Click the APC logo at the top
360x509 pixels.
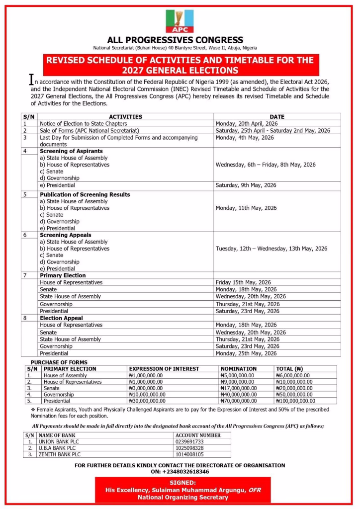tap(180, 21)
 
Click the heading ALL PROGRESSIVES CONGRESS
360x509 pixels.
tap(176, 40)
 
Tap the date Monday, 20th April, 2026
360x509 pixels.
tap(247, 123)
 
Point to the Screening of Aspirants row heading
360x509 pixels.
tap(71, 151)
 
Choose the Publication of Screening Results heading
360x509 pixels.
tap(85, 194)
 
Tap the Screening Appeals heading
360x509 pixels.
tap(65, 235)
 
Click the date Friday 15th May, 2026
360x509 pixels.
tap(244, 282)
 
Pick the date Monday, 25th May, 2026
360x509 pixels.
tap(246, 353)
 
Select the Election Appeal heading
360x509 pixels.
tap(61, 318)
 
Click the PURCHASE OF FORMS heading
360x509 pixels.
tap(59, 362)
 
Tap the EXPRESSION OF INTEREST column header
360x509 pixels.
tap(164, 369)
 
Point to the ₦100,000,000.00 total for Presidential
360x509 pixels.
tap(295, 401)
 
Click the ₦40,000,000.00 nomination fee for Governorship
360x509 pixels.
tap(239, 394)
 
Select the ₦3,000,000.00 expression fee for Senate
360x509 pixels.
tap(146, 388)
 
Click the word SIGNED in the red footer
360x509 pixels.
tap(182, 483)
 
